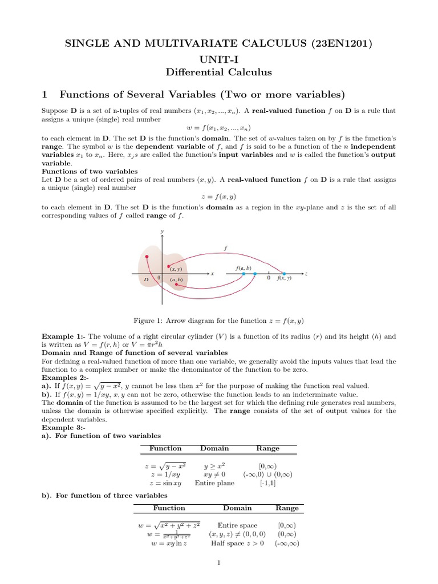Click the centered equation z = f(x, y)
click(x=219, y=196)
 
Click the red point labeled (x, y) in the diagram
click(x=169, y=266)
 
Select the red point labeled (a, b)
click(x=177, y=284)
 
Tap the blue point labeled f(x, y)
click(x=284, y=274)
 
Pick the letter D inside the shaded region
click(x=146, y=279)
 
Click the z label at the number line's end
click(x=306, y=274)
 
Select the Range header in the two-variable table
click(x=267, y=448)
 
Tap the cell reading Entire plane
click(x=214, y=482)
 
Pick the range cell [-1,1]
click(x=267, y=482)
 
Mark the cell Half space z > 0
click(x=237, y=543)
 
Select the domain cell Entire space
click(x=237, y=525)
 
